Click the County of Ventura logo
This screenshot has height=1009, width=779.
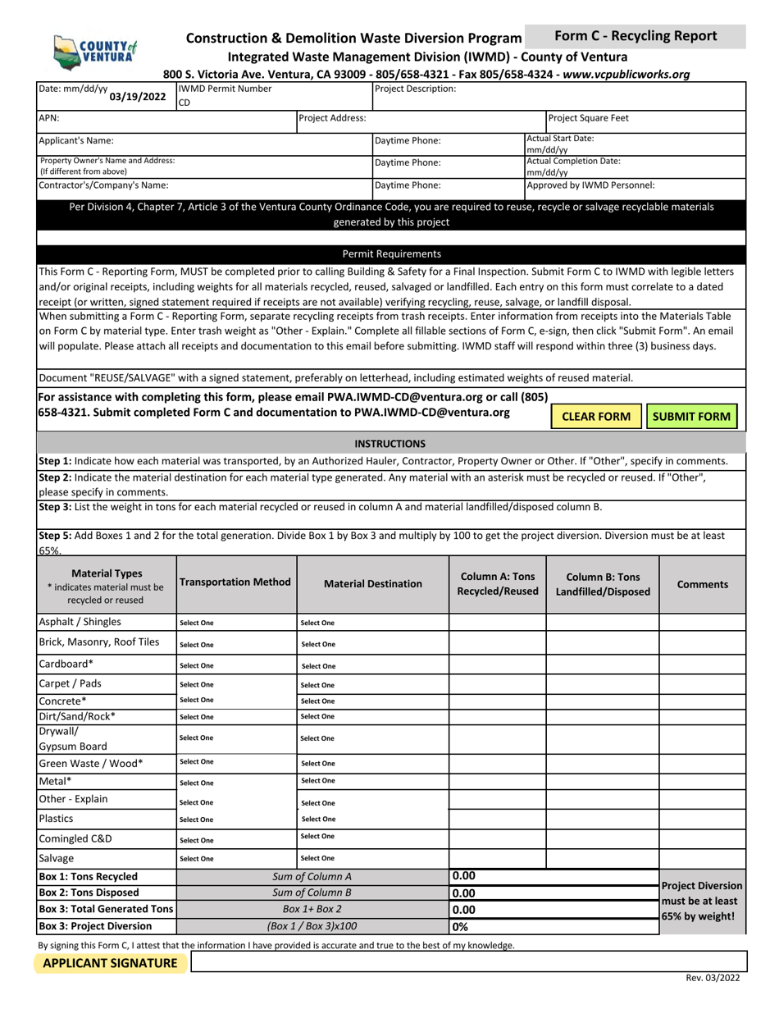(93, 51)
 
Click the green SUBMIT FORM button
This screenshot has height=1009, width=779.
(691, 416)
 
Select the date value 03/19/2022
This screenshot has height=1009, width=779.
(138, 96)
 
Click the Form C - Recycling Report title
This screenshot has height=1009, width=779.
(635, 36)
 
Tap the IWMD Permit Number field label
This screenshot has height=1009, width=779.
(225, 89)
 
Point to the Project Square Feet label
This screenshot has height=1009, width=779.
(589, 118)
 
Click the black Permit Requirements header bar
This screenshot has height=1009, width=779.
(391, 253)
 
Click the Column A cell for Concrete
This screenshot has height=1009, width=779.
(497, 701)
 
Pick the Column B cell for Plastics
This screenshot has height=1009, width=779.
(602, 819)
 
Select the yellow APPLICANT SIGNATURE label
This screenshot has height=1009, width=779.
(110, 963)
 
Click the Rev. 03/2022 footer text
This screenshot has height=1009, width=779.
(715, 979)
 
